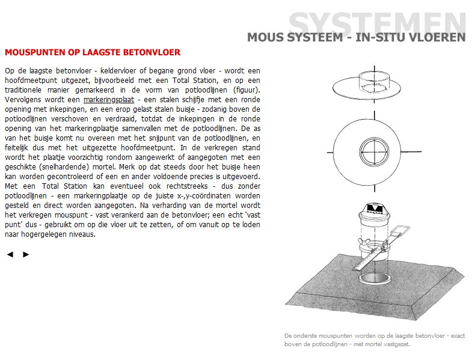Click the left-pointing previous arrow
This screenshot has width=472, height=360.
[x=10, y=254]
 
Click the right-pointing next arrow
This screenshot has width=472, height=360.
[x=26, y=254]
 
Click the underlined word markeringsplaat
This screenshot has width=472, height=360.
[x=108, y=99]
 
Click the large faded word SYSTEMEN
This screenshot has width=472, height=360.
[x=378, y=23]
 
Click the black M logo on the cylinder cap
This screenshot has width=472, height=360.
[x=374, y=211]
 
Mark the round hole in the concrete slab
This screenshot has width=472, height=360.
[x=375, y=278]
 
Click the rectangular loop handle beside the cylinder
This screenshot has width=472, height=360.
[x=400, y=233]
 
